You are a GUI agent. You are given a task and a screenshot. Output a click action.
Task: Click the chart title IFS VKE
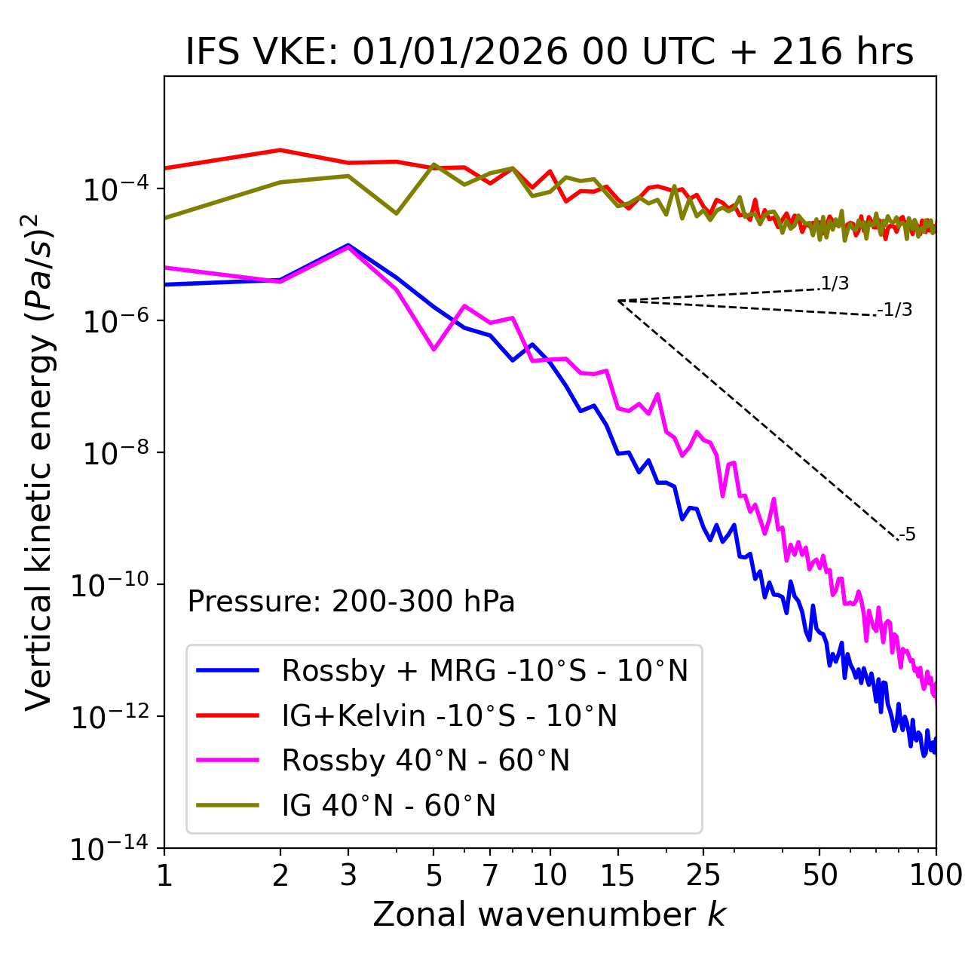(x=549, y=51)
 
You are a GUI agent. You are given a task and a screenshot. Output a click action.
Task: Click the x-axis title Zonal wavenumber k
(x=549, y=914)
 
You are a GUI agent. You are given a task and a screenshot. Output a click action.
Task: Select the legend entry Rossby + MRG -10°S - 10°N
(x=484, y=670)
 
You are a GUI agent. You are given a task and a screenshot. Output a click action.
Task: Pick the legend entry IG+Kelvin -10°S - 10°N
(x=449, y=715)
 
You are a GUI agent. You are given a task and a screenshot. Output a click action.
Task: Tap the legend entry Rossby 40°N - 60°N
(x=425, y=761)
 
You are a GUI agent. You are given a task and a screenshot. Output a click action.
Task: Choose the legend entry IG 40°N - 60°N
(x=388, y=806)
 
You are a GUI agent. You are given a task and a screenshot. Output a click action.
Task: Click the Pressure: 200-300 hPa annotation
(x=351, y=602)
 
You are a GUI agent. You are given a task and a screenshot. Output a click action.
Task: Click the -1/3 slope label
(x=895, y=310)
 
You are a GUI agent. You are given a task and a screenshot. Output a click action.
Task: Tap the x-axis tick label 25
(x=703, y=875)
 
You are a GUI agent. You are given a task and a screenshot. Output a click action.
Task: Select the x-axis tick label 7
(x=490, y=875)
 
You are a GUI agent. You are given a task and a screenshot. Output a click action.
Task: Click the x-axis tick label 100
(x=936, y=875)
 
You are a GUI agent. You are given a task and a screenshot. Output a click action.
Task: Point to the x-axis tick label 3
(x=348, y=875)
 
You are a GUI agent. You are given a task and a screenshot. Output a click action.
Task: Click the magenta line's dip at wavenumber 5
(x=433, y=350)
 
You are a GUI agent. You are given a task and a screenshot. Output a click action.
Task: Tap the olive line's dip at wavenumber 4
(x=397, y=213)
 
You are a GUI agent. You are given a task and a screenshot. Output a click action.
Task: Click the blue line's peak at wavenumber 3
(x=348, y=245)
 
